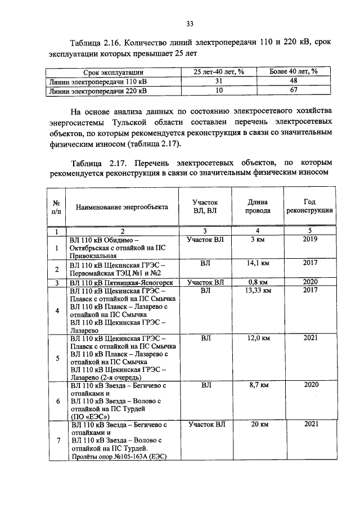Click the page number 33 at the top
coord(190,23)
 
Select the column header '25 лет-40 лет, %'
coord(219,72)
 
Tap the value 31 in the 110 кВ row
coord(219,81)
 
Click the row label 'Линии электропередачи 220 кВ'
coord(98,90)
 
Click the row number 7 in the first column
coord(57,440)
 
